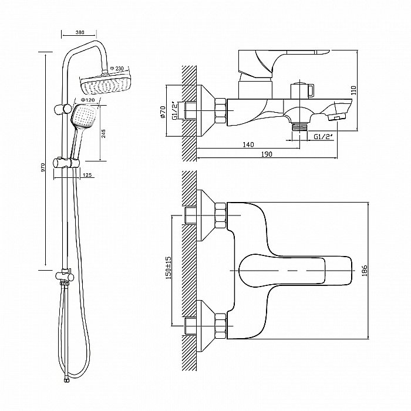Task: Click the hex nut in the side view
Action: (221, 110)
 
